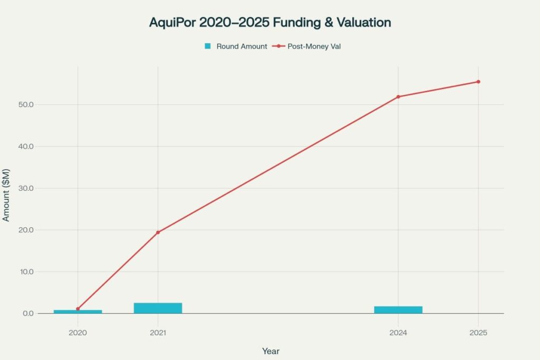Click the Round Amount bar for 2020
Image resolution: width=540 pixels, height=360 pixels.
[x=78, y=312]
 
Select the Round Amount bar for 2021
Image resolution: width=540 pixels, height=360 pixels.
[x=158, y=308]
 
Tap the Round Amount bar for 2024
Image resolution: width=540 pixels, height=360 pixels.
[x=398, y=310]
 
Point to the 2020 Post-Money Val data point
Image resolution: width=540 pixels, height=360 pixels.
[x=78, y=309]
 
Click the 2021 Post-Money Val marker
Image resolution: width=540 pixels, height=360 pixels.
[x=158, y=232]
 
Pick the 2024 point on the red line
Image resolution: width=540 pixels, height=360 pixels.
[x=398, y=96]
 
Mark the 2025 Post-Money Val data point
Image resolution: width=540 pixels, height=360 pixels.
[x=478, y=82]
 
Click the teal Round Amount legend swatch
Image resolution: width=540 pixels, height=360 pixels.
[x=208, y=46]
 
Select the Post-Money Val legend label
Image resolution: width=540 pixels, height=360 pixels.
[x=317, y=46]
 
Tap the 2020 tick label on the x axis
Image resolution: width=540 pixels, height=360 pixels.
[x=78, y=333]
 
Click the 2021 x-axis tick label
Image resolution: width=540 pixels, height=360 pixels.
[x=158, y=333]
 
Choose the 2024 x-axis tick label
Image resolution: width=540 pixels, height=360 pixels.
[x=398, y=333]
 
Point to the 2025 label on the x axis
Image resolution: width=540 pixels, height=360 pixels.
[x=478, y=333]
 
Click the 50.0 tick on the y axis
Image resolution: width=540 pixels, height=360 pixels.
[x=25, y=105]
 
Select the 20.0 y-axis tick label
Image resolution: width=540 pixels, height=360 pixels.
[x=25, y=230]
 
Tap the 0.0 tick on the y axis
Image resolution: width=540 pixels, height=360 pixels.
[x=27, y=314]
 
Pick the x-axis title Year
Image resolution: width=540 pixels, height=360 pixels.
[x=271, y=351]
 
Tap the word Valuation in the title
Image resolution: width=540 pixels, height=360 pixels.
[x=363, y=23]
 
